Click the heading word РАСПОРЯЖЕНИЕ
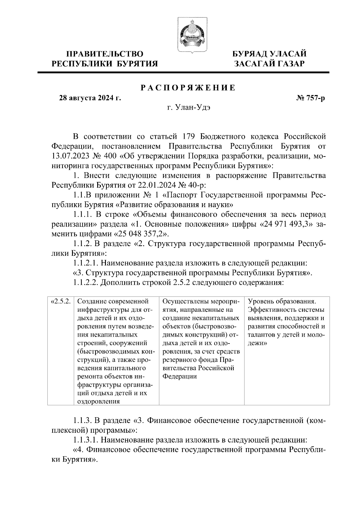pyautogui.click(x=188, y=88)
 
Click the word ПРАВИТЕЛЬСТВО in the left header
pyautogui.click(x=105, y=54)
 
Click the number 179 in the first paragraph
pyautogui.click(x=188, y=137)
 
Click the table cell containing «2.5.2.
pyautogui.click(x=61, y=301)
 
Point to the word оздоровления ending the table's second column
pyautogui.click(x=99, y=402)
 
